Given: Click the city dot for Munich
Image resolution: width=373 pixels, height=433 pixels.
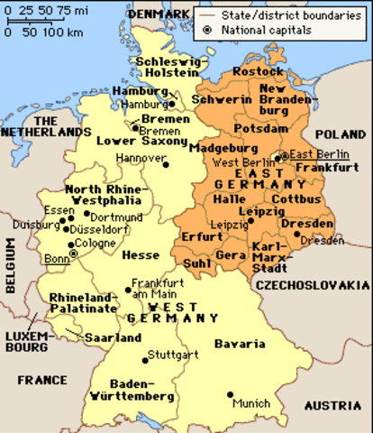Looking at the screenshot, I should [x=230, y=394].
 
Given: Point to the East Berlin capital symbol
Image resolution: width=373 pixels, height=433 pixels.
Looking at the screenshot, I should [x=285, y=155].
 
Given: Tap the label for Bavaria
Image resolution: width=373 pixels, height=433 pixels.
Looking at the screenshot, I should [x=240, y=345].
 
